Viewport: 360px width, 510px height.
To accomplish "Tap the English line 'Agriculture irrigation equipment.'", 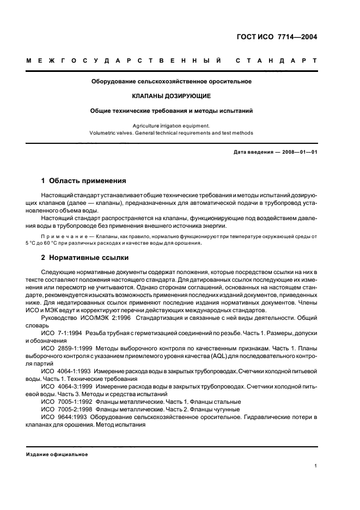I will click(x=171, y=125).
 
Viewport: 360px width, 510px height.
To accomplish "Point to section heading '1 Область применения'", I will click(x=84, y=180).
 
